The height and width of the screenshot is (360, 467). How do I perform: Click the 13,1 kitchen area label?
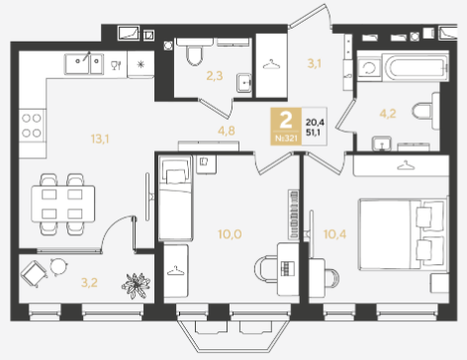(100, 139)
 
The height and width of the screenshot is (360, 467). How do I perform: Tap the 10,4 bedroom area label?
(334, 234)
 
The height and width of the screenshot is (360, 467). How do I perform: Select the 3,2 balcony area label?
(89, 283)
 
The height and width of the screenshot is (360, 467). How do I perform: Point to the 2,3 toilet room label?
(215, 76)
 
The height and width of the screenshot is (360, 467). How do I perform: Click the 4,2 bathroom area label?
(388, 114)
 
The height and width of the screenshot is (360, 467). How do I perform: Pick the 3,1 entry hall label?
(314, 63)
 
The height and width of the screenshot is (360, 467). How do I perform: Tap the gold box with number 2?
(286, 127)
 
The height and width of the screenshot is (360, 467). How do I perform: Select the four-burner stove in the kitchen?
(32, 126)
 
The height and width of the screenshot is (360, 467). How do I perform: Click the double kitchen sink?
(84, 63)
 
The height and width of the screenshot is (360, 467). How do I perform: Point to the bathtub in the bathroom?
(416, 67)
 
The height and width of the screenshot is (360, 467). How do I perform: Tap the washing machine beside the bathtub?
(369, 68)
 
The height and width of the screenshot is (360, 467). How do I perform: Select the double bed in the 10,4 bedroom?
(403, 233)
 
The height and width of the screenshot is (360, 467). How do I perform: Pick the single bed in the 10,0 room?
(175, 198)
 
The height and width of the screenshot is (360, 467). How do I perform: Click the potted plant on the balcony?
(136, 286)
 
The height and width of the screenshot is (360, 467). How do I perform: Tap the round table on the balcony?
(58, 266)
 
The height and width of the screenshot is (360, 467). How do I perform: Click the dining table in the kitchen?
(63, 204)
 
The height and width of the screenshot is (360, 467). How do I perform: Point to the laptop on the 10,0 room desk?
(287, 268)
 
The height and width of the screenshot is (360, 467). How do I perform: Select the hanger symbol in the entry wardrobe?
(271, 64)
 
